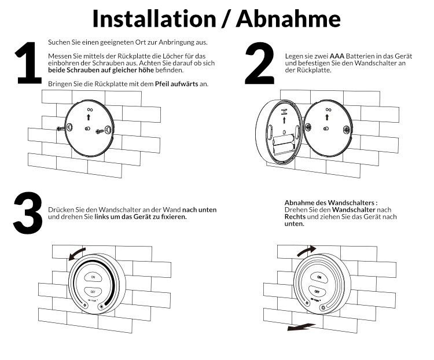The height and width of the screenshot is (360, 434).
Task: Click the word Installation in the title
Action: click(154, 19)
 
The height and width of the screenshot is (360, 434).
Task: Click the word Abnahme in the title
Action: click(288, 19)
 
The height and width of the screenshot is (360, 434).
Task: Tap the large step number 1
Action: click(28, 63)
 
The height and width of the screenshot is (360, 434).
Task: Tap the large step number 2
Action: click(260, 63)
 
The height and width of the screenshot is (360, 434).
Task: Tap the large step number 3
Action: click(28, 212)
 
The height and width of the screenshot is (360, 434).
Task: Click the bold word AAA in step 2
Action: click(337, 56)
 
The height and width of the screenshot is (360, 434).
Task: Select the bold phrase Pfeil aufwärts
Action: click(176, 83)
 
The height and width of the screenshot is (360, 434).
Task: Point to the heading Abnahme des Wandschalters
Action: click(331, 203)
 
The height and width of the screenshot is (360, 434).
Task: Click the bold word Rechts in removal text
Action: click(295, 216)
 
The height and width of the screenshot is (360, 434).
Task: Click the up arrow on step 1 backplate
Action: click(89, 117)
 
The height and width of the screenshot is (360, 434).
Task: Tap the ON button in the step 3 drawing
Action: click(93, 277)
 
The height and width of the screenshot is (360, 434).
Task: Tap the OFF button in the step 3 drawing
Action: click(93, 292)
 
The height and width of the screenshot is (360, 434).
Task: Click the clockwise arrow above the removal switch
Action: click(307, 250)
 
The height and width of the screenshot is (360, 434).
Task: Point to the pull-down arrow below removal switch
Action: click(300, 327)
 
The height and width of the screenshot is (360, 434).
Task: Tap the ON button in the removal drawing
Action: click(319, 277)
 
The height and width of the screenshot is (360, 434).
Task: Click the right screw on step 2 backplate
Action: click(346, 129)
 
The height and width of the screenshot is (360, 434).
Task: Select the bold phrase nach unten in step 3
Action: click(199, 210)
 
